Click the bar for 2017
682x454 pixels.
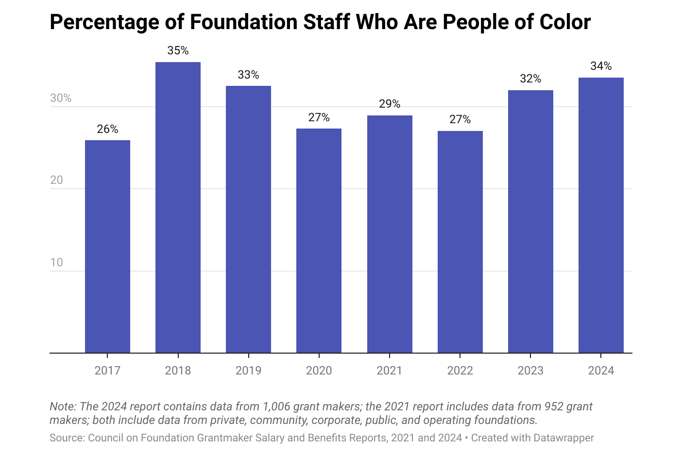[x=107, y=246]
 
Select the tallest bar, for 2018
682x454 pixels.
[x=178, y=208]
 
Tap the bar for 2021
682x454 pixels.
[x=390, y=234]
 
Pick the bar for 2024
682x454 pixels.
[x=601, y=215]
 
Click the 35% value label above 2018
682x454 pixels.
[x=178, y=50]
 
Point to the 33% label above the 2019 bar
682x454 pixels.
[x=248, y=75]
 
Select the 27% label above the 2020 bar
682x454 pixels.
[x=319, y=117]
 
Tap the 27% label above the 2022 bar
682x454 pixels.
[x=460, y=119]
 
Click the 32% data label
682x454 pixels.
[x=530, y=79]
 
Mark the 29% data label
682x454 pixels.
[x=390, y=104]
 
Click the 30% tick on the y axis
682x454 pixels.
[x=61, y=98]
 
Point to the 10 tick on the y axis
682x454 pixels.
[x=56, y=262]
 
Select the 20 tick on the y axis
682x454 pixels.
[x=56, y=180]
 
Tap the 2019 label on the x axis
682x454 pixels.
[x=248, y=371]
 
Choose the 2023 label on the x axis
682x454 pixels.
[x=530, y=371]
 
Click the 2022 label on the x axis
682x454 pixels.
[x=460, y=371]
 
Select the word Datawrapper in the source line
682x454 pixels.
[x=563, y=438]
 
